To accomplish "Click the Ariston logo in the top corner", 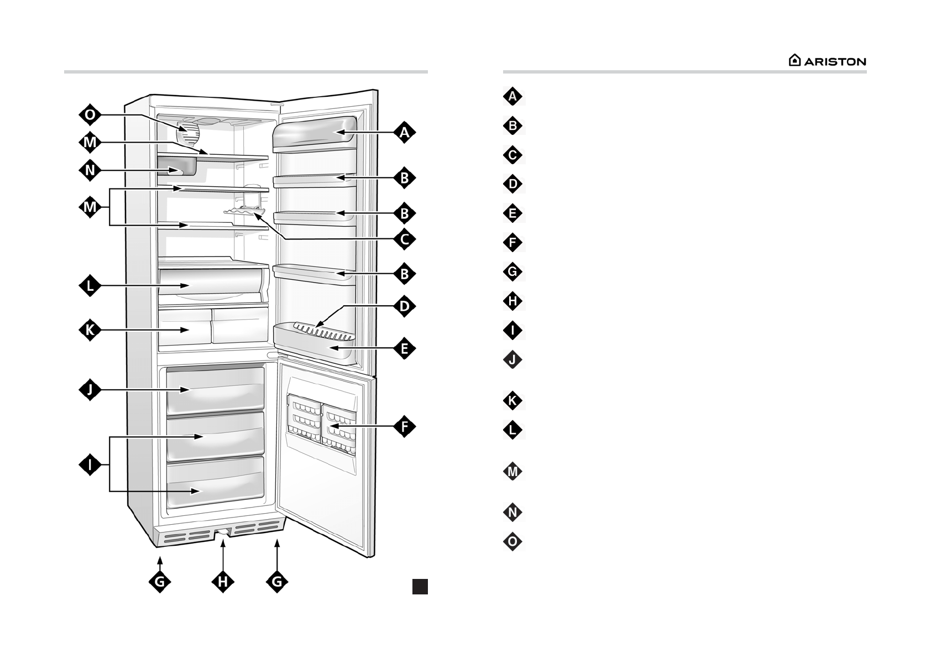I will coord(827,61).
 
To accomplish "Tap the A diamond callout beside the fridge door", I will coord(405,133).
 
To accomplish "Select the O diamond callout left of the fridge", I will coord(90,115).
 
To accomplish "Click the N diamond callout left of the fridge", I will coord(90,170).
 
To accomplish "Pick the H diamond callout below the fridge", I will coord(222,581).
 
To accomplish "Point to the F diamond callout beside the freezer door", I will coord(405,426).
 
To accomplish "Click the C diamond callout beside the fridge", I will coord(405,239).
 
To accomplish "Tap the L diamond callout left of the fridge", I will coord(90,286).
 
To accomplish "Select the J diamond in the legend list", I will coord(512,360).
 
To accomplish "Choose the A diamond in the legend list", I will coord(512,96).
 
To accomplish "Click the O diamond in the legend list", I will coord(512,541).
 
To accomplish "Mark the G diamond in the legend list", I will coord(512,271).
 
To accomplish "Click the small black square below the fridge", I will coord(420,586).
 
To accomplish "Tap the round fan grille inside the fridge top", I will coord(188,133).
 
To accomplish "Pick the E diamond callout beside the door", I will coord(405,348).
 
